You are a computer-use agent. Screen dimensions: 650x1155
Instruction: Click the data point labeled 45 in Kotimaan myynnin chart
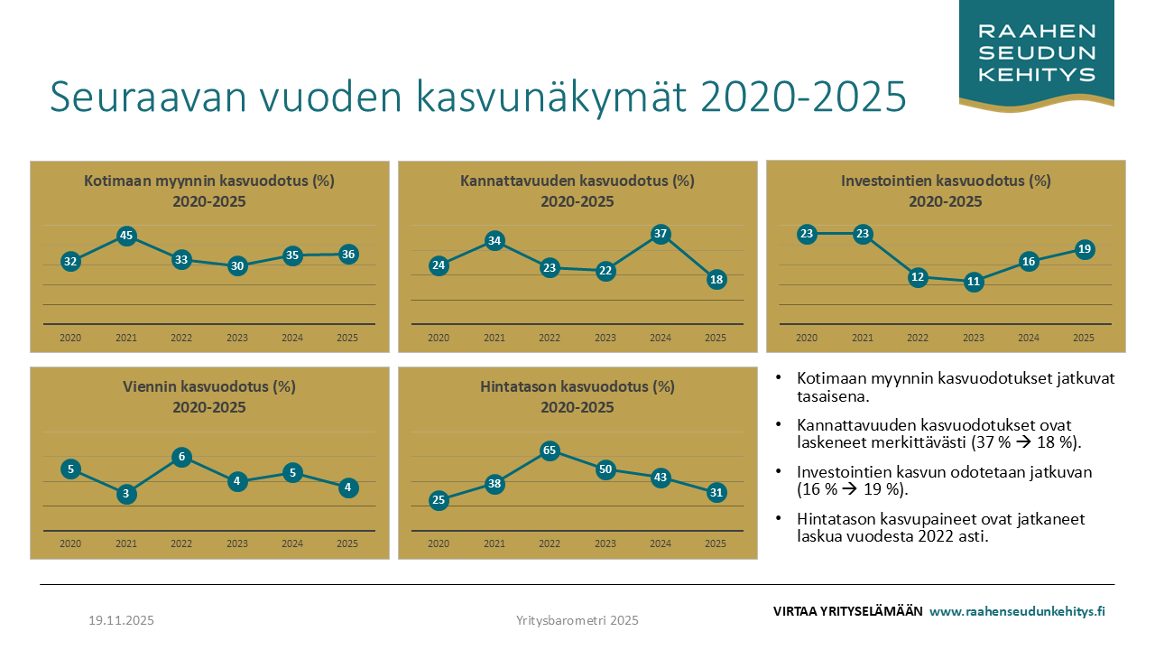126,237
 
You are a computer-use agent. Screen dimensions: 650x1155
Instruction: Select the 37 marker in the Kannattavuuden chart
661,235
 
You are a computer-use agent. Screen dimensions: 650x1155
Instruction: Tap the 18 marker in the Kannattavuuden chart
716,280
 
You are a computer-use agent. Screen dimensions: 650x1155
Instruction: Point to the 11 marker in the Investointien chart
973,282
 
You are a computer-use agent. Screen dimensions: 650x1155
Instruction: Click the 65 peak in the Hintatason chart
550,450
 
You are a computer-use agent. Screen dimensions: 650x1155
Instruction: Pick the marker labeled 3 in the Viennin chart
126,494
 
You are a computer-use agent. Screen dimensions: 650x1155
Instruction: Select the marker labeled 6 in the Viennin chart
182,457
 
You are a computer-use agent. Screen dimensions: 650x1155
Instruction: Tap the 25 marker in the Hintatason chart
439,500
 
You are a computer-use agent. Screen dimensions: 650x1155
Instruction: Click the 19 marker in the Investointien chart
1085,249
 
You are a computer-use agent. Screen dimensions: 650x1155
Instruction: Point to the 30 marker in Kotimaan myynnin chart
237,266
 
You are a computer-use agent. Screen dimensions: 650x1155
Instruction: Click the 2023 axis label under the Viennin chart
237,543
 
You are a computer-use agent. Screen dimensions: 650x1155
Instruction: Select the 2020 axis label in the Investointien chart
807,338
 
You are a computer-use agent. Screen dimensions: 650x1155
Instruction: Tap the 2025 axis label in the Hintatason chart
716,543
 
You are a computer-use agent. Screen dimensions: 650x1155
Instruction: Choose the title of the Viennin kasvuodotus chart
209,387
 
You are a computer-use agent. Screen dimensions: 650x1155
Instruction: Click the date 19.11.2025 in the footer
121,620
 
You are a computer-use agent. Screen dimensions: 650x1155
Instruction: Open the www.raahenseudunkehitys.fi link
1017,611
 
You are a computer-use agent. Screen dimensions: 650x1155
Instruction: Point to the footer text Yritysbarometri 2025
577,620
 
